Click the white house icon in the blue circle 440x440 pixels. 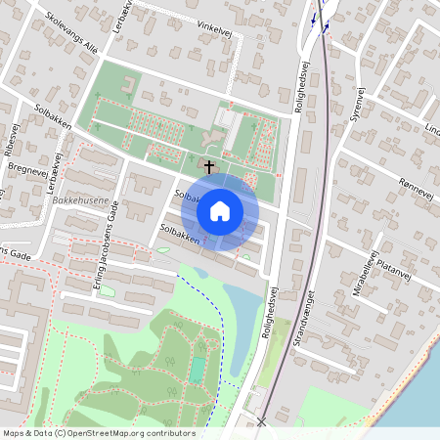point(220,210)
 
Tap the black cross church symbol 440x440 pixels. point(208,166)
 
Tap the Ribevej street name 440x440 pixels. point(12,143)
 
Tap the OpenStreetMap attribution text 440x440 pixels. point(98,433)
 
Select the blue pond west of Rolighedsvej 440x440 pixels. point(243,311)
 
